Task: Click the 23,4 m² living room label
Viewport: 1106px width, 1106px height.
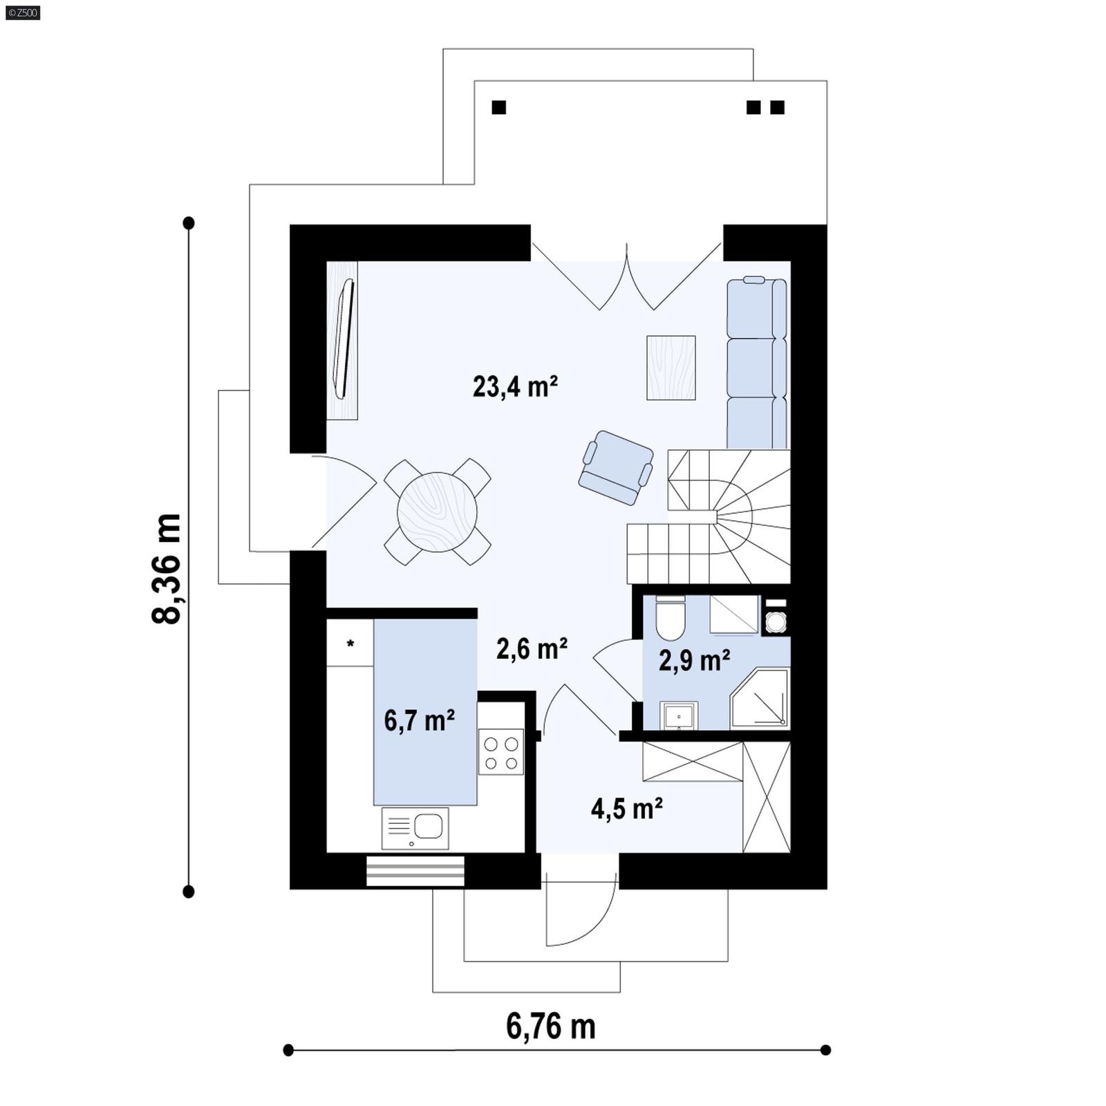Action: pos(515,386)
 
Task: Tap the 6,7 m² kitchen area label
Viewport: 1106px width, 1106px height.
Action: pos(419,720)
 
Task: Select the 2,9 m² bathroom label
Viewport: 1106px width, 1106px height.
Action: pos(694,660)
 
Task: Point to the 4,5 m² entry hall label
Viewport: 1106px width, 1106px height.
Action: pos(627,807)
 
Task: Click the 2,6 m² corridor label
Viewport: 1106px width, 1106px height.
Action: pos(532,648)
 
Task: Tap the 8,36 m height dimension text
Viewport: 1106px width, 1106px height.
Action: pos(167,568)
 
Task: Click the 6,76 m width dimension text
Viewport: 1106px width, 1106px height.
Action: pos(550,1027)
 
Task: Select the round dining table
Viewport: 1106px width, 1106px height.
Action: pos(437,512)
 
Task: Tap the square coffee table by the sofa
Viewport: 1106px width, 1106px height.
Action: pos(671,368)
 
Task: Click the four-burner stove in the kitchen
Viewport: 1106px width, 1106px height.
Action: pos(500,753)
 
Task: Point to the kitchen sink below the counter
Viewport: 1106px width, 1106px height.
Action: pos(415,827)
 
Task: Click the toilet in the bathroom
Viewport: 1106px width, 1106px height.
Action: pos(670,619)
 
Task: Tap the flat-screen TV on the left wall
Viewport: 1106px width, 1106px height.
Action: pos(344,338)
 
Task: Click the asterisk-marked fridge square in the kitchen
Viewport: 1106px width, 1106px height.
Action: pos(350,643)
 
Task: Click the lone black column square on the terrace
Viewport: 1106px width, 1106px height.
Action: pos(498,107)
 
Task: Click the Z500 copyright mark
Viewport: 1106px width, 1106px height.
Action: pos(22,12)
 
